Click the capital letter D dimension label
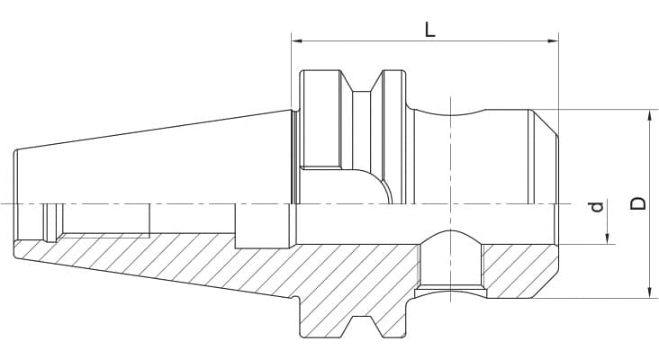coord(638,203)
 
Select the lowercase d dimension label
coord(595,209)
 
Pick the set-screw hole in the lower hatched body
coord(450,265)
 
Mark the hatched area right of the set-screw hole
coord(518,270)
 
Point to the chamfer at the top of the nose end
coord(544,122)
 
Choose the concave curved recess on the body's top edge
coord(450,112)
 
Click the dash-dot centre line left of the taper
coord(7,204)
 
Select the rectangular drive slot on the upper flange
coord(320,121)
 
